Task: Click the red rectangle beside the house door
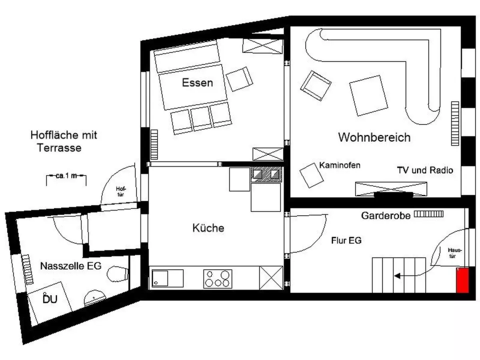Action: tap(462, 280)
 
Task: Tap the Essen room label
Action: tap(197, 83)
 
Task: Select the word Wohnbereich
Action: tap(374, 137)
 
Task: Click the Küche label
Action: tap(208, 228)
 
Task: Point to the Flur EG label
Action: tap(346, 240)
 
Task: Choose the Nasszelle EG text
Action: tap(71, 266)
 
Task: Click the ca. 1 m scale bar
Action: tap(66, 176)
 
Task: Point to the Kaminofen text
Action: tap(340, 165)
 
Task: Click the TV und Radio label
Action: tap(425, 170)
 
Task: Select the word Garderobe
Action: tap(386, 216)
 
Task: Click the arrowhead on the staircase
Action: tap(397, 276)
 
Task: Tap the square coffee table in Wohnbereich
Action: tap(368, 96)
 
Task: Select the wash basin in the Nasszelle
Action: tap(95, 298)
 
